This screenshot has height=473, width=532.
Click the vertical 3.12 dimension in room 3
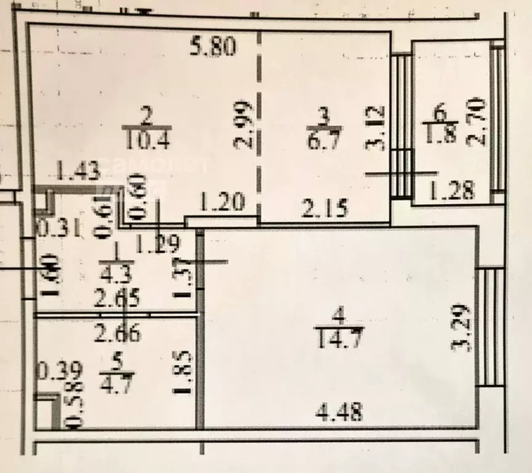pos(377,128)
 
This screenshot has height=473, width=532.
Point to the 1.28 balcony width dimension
pos(452,191)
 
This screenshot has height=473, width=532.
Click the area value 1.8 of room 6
pos(440,134)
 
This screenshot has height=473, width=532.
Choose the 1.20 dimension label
pos(220,201)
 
